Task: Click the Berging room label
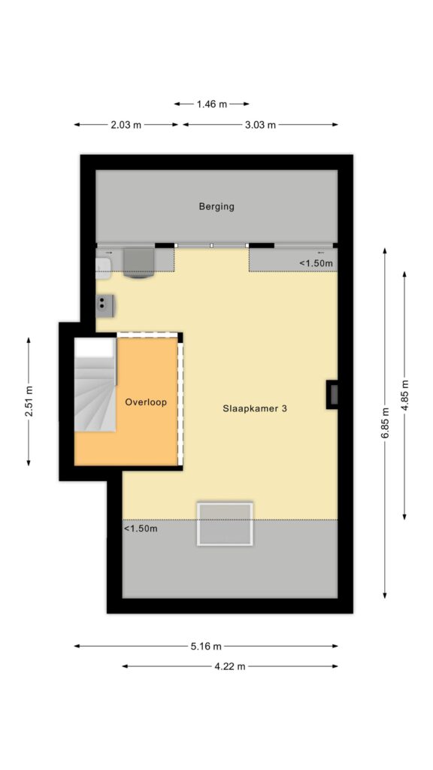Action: [x=216, y=207]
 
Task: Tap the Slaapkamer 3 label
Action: [x=254, y=408]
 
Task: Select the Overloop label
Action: [x=146, y=402]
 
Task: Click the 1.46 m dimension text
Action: [x=212, y=104]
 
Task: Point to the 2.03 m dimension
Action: [x=126, y=125]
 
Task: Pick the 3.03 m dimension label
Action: [x=260, y=125]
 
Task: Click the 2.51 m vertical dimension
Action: [x=29, y=402]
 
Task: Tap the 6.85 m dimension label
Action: [x=385, y=423]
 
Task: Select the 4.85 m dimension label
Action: [x=404, y=396]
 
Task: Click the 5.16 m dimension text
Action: [x=206, y=646]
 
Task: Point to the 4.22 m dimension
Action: [x=230, y=666]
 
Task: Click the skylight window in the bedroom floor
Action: [x=225, y=523]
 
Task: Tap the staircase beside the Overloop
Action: [x=95, y=385]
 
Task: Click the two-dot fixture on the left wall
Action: [x=105, y=306]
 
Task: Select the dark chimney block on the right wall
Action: [x=332, y=394]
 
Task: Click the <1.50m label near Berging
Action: [x=316, y=263]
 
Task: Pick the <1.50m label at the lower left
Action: [x=141, y=529]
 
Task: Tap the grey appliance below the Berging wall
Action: [x=138, y=263]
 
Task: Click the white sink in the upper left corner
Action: [x=104, y=264]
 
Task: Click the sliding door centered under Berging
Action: [x=212, y=246]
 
